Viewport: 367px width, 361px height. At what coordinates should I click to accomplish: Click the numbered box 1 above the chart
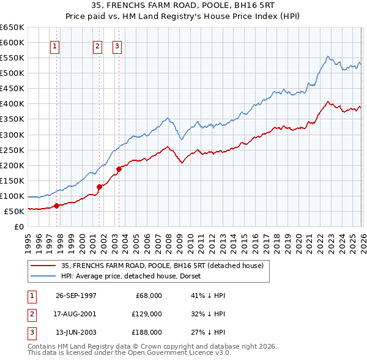(55, 46)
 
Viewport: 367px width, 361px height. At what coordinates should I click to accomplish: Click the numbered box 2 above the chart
(97, 46)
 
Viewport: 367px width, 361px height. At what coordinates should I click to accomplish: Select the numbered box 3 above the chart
(117, 46)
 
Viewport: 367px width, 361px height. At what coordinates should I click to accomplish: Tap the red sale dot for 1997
(57, 206)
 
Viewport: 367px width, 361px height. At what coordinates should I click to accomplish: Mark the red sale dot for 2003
(119, 169)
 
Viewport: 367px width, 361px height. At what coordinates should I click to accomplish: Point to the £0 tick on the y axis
(19, 226)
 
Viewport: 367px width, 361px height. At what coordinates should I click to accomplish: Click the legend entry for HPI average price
(135, 276)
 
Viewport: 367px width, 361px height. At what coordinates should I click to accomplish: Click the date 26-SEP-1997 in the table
(76, 295)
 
